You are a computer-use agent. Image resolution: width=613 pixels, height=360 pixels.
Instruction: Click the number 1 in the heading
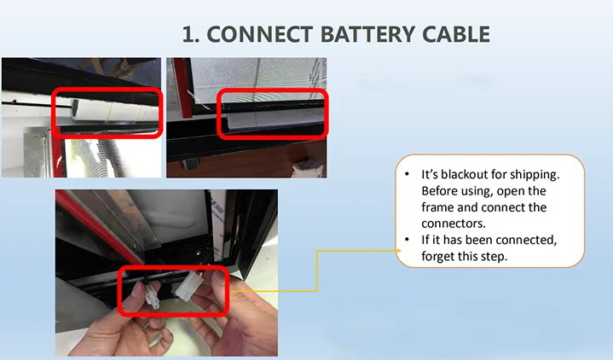(x=189, y=35)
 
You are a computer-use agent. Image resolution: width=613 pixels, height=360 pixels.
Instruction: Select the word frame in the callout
(x=440, y=207)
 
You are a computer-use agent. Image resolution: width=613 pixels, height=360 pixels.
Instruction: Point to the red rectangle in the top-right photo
(x=273, y=90)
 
